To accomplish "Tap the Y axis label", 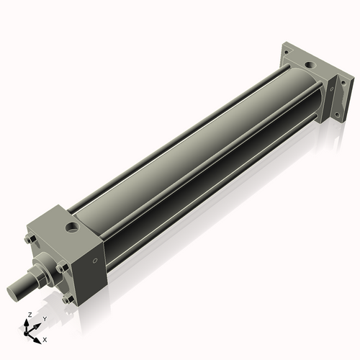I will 45,318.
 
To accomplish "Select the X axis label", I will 45,338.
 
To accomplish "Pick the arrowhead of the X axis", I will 39,336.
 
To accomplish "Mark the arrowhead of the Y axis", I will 39,323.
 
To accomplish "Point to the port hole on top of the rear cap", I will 311,66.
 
